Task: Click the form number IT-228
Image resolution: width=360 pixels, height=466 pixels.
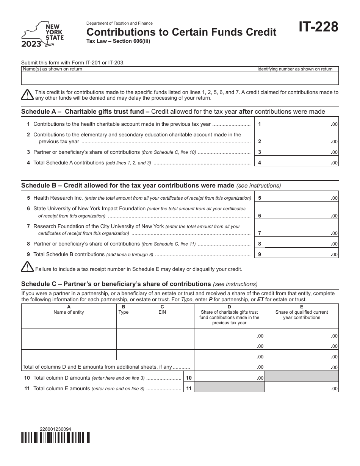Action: click(318, 28)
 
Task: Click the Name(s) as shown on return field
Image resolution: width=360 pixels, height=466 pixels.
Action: click(138, 78)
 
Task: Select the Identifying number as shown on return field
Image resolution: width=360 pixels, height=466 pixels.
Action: click(297, 78)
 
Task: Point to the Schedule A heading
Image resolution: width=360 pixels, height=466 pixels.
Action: click(173, 111)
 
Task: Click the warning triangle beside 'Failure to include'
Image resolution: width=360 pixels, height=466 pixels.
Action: click(27, 267)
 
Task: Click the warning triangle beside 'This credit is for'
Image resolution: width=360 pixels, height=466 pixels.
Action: click(27, 95)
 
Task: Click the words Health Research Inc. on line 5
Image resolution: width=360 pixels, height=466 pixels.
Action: click(58, 198)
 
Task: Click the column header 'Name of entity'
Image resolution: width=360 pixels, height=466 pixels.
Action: click(69, 312)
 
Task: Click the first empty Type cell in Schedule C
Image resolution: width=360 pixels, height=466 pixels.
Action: click(124, 333)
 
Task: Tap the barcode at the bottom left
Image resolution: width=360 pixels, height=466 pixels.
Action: click(56, 438)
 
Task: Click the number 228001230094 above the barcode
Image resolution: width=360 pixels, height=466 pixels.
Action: click(55, 429)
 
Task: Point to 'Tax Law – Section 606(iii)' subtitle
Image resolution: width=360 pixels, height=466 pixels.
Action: click(119, 41)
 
